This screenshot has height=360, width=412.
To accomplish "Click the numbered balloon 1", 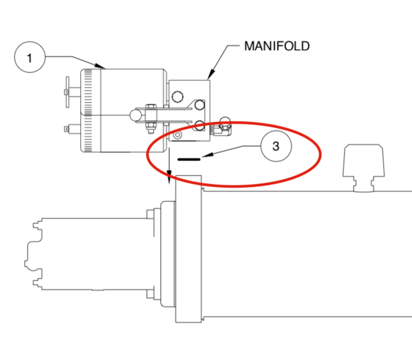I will pyautogui.click(x=30, y=58).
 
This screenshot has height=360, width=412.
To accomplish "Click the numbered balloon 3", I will pyautogui.click(x=275, y=146).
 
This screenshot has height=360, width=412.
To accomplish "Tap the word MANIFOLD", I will pyautogui.click(x=276, y=46).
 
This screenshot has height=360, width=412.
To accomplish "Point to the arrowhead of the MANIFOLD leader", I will pyautogui.click(x=210, y=77).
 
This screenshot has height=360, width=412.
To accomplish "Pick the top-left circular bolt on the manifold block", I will pyautogui.click(x=178, y=96).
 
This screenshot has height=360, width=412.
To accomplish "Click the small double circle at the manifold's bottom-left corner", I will pyautogui.click(x=176, y=136).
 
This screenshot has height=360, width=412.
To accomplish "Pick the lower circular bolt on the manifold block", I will pyautogui.click(x=199, y=126).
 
